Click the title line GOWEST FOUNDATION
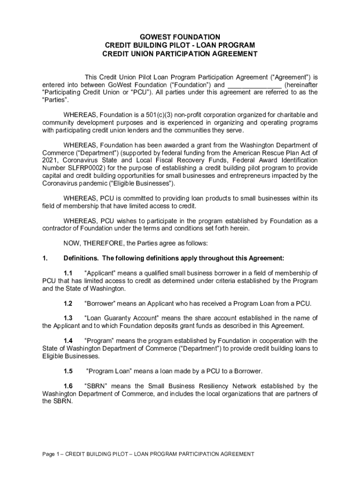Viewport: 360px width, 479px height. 180,37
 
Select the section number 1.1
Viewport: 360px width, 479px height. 68,273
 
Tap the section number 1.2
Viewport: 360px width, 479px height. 68,303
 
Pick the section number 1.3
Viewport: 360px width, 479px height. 68,318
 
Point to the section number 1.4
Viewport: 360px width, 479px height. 68,341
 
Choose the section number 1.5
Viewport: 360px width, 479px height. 68,371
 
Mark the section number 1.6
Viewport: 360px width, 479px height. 68,386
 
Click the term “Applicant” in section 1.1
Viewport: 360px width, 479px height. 101,273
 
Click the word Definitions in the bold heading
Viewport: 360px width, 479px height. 80,258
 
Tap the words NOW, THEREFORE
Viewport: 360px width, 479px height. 92,243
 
